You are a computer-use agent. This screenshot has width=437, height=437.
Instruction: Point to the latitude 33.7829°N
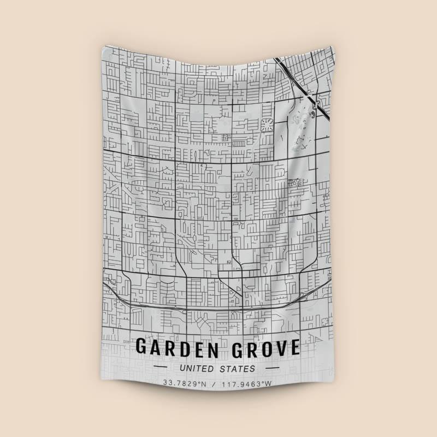tap(186, 383)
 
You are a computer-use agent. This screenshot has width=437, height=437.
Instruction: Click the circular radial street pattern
tap(267, 125)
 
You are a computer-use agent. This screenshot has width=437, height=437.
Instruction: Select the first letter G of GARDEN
tap(141, 347)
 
